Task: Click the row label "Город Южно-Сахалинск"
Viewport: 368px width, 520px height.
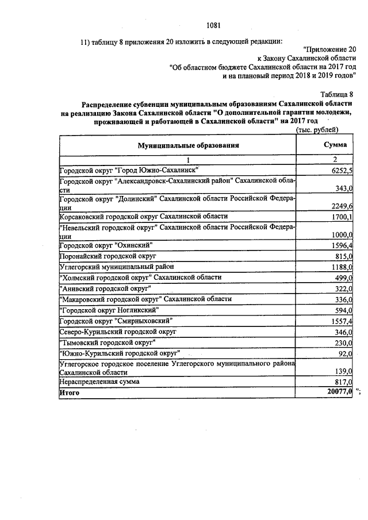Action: click(x=129, y=170)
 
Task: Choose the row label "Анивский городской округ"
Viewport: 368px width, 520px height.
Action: click(x=105, y=287)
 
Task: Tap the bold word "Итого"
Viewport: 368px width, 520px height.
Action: click(x=70, y=392)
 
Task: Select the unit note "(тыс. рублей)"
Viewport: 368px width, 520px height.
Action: click(x=317, y=131)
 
